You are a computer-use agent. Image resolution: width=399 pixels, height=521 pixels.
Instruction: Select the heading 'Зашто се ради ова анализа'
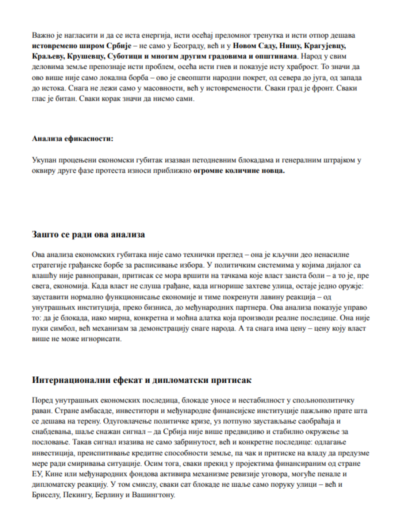(88, 234)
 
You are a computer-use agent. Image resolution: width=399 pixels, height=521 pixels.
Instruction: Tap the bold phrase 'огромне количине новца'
(239, 170)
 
